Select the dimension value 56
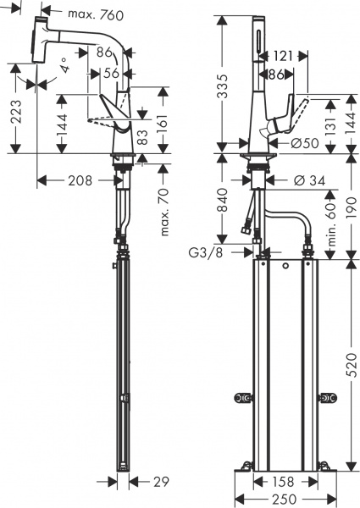tap(110, 74)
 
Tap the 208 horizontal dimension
tap(80, 179)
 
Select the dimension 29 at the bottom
tap(156, 482)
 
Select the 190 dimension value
tap(351, 204)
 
